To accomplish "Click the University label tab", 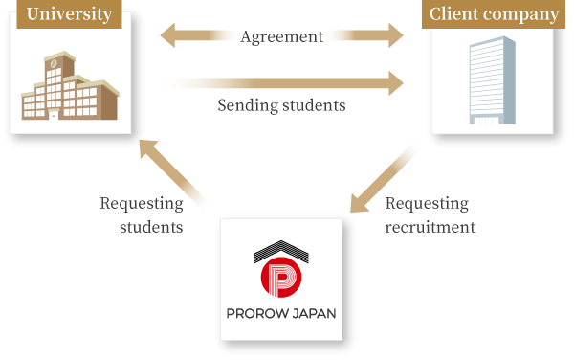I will (x=70, y=14).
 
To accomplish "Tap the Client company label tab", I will (x=494, y=14).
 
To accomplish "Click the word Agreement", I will (x=282, y=37).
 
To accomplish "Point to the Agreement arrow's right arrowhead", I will (x=393, y=37).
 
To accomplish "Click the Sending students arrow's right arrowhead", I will (x=393, y=82).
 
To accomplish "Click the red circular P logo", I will (x=280, y=279).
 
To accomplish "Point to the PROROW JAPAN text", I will (x=280, y=313).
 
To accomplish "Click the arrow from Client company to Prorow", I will (x=385, y=177).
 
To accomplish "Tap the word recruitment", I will (x=430, y=228).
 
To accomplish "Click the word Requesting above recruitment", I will (x=427, y=204).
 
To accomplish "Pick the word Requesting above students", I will (x=141, y=204).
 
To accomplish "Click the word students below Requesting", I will (x=151, y=228).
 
